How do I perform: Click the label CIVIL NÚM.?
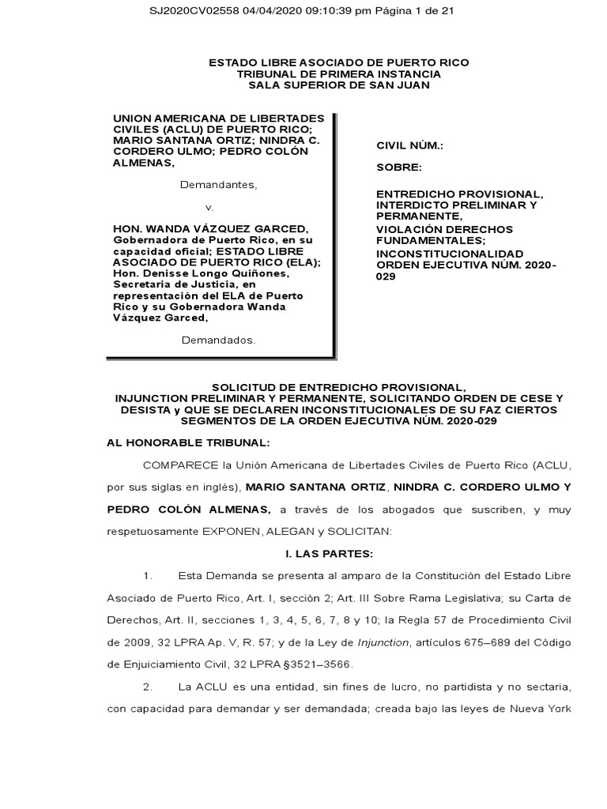point(409,146)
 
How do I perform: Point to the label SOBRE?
point(399,167)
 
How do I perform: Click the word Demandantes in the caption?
point(218,185)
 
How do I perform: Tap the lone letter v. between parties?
point(209,207)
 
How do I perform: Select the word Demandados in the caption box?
point(219,341)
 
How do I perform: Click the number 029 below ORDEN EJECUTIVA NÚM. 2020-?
point(386,278)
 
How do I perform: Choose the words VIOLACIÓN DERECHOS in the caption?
point(444,228)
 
